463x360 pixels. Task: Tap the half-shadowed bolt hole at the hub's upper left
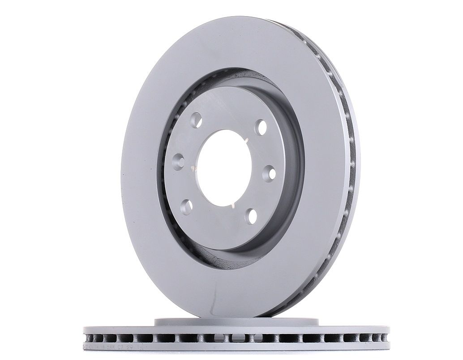point(196,120)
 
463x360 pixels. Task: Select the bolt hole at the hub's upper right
point(261,127)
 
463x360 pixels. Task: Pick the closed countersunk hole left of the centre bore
point(179,161)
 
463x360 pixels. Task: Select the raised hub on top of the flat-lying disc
point(236,321)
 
